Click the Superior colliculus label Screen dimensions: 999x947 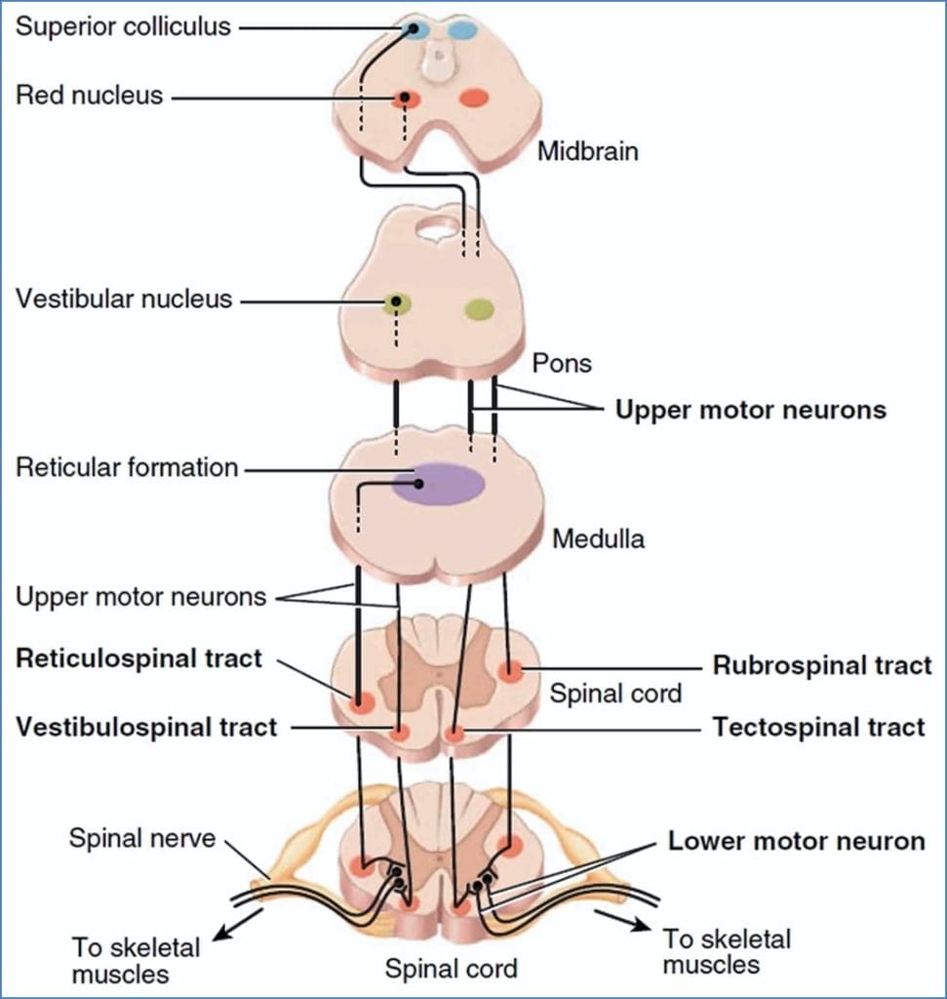tap(123, 26)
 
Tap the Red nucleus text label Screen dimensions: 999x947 tap(90, 96)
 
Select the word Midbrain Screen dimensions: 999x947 tap(588, 152)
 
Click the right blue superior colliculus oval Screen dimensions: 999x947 tap(463, 30)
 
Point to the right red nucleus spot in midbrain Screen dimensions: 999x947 tap(474, 98)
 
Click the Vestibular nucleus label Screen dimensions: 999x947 tap(124, 299)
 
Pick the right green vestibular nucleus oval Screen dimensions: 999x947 tap(479, 309)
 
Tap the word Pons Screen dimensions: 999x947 tap(562, 363)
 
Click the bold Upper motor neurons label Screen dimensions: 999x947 tap(750, 410)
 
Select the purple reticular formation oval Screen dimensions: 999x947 tap(438, 484)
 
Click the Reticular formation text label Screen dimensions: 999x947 tap(127, 467)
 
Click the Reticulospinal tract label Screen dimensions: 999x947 tap(138, 659)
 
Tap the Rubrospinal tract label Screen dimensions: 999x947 tap(822, 666)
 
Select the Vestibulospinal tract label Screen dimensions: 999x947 tap(145, 727)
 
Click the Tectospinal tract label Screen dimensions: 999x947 tap(818, 727)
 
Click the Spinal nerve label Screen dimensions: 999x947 tap(141, 838)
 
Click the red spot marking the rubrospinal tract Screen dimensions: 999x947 tap(510, 671)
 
